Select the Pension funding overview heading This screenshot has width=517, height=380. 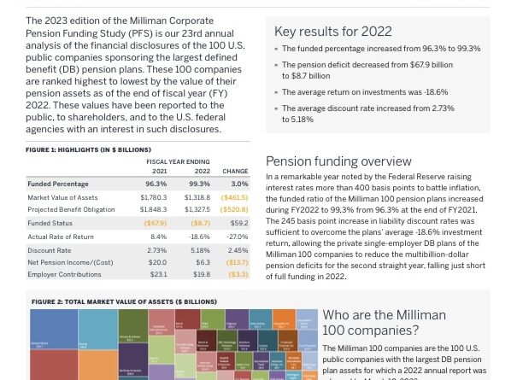pyautogui.click(x=338, y=161)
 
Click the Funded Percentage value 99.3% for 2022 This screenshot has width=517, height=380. pyautogui.click(x=199, y=184)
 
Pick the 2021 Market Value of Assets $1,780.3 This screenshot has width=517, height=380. pyautogui.click(x=154, y=197)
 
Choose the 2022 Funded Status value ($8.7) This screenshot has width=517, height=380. pyautogui.click(x=200, y=223)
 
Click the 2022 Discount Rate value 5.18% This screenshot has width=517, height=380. pyautogui.click(x=199, y=250)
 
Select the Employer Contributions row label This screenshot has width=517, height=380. pyautogui.click(x=64, y=275)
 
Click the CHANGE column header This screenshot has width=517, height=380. pyautogui.click(x=235, y=171)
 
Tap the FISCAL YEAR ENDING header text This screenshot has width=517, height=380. pyautogui.click(x=178, y=161)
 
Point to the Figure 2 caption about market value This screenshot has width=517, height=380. pyautogui.click(x=124, y=302)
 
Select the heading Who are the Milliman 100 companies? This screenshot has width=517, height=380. pyautogui.click(x=384, y=323)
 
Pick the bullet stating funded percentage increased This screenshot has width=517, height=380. pyautogui.click(x=380, y=50)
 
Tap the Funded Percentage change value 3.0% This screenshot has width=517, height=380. pyautogui.click(x=239, y=184)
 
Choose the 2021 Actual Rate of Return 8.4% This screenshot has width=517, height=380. pyautogui.click(x=158, y=237)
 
